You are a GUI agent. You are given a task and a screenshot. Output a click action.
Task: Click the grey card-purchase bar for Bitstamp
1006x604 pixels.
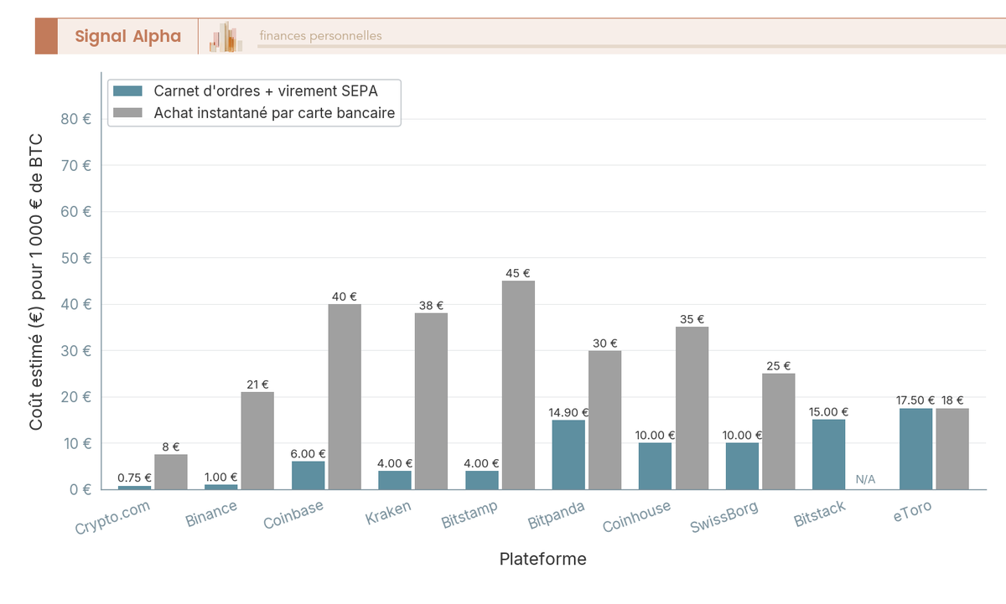(x=518, y=385)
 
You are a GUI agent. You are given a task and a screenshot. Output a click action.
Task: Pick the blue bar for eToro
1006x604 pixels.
(x=915, y=448)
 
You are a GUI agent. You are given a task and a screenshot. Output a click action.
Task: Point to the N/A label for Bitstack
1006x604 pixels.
(x=865, y=480)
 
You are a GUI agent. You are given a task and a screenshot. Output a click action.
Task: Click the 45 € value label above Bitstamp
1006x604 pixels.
(x=518, y=273)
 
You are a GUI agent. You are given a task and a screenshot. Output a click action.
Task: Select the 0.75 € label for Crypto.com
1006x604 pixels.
(x=135, y=478)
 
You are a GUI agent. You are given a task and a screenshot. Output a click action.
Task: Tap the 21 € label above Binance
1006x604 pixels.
(x=257, y=385)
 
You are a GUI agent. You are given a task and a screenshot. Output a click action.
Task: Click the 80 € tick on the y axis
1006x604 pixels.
(x=76, y=119)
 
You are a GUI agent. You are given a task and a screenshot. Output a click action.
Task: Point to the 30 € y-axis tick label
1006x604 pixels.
(x=76, y=350)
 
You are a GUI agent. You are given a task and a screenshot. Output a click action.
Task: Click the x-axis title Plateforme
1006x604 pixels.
(x=543, y=559)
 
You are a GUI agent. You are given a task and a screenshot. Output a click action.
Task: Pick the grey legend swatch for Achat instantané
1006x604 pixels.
(x=128, y=112)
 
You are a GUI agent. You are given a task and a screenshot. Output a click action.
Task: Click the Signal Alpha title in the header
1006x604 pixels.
(x=127, y=36)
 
